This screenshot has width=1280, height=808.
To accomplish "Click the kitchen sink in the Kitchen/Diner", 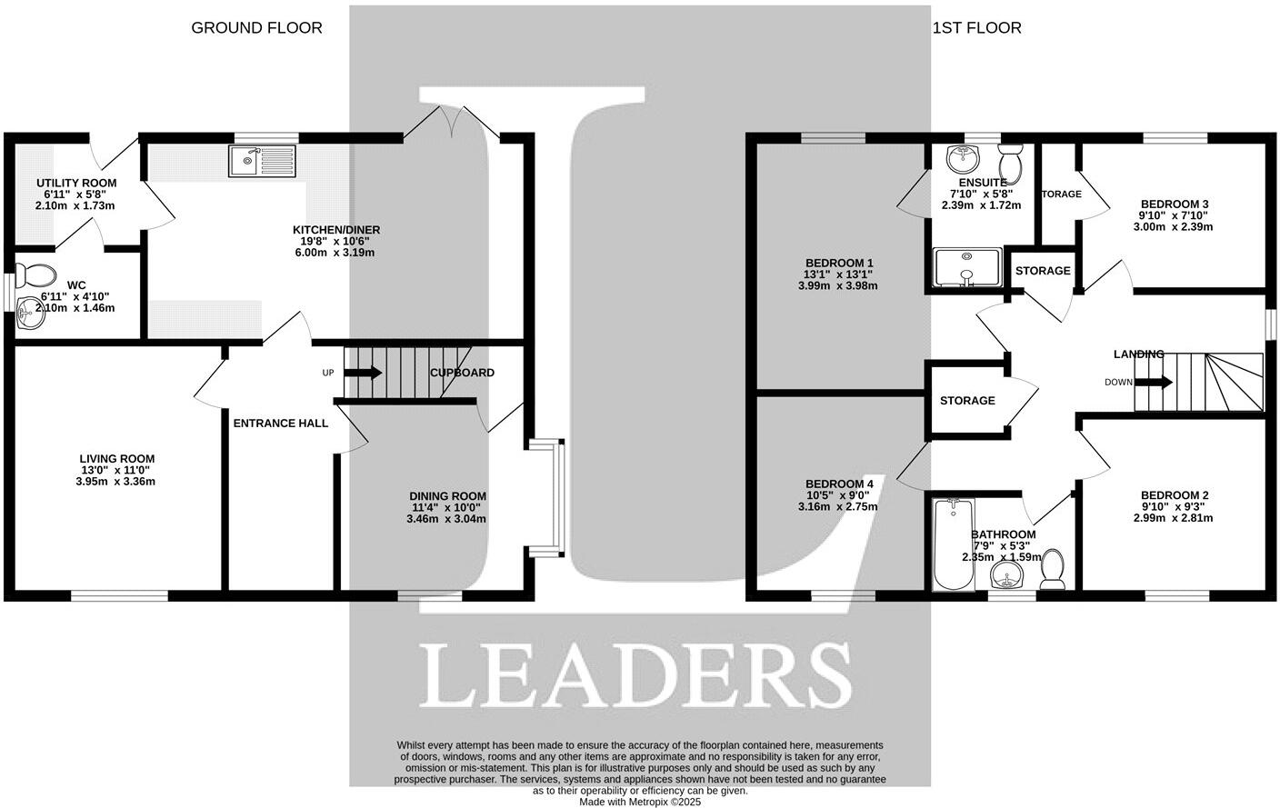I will (x=262, y=162).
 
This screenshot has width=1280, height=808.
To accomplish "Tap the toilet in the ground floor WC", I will (x=36, y=274).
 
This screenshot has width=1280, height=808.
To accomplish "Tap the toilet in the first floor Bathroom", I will (x=1054, y=568).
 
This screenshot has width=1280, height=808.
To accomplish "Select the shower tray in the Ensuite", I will (x=967, y=268).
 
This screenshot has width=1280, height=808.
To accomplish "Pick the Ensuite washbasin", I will (x=961, y=159).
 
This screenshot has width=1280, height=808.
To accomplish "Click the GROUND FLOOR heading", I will (x=256, y=28).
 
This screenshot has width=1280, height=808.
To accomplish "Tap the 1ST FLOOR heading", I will (x=976, y=28).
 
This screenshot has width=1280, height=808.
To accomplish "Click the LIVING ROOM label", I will (x=116, y=459).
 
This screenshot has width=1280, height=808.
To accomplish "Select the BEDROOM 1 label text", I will (x=838, y=264).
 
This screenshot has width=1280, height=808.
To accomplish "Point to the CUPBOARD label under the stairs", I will (x=462, y=373).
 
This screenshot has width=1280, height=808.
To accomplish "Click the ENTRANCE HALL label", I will (x=280, y=423).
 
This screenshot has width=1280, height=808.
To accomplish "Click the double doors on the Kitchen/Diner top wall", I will (x=451, y=123).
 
